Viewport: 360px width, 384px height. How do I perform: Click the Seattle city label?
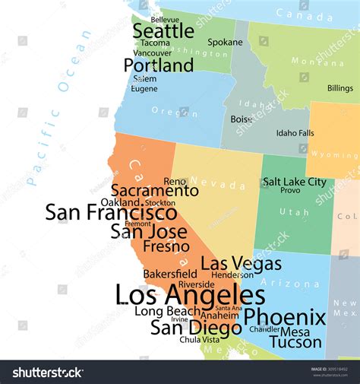point(163,31)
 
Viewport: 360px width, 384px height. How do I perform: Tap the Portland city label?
point(159,66)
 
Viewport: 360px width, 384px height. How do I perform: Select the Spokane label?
point(225,43)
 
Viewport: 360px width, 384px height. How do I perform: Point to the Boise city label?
point(242,119)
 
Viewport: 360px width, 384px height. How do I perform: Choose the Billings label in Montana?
point(339,88)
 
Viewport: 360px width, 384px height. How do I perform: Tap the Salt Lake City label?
point(294,182)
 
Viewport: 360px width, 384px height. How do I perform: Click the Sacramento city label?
point(155,191)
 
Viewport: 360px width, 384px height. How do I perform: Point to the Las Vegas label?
point(232,263)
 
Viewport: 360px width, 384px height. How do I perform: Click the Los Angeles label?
point(190,294)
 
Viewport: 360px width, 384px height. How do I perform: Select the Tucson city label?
point(295,342)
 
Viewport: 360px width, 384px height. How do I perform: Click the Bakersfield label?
point(170,274)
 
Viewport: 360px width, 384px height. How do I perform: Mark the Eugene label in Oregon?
point(144,89)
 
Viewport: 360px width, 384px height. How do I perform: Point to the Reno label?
point(175,181)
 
